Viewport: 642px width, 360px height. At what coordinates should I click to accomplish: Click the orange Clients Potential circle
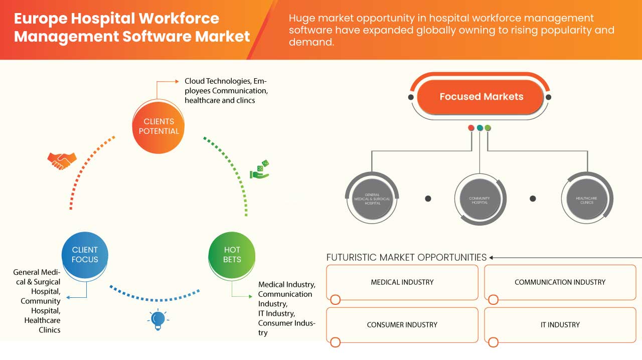pyautogui.click(x=158, y=126)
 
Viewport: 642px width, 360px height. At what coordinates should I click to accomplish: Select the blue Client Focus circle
pyautogui.click(x=85, y=254)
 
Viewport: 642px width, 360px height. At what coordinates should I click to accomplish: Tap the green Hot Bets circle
pyautogui.click(x=232, y=254)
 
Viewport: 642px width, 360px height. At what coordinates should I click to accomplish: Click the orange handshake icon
pyautogui.click(x=62, y=160)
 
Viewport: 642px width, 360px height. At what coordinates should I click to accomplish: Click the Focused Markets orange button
pyautogui.click(x=481, y=97)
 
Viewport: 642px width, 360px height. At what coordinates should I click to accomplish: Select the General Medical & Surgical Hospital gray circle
pyautogui.click(x=372, y=199)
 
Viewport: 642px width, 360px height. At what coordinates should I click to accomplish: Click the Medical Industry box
pyautogui.click(x=402, y=282)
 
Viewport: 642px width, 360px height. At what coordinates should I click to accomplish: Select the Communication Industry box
pyautogui.click(x=560, y=282)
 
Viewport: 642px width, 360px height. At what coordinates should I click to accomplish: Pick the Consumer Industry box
pyautogui.click(x=402, y=325)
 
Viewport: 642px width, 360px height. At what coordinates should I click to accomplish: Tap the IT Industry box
pyautogui.click(x=560, y=325)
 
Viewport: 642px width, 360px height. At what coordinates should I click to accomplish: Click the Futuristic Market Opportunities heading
pyautogui.click(x=406, y=257)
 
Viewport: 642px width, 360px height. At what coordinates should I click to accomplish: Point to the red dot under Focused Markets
pyautogui.click(x=471, y=128)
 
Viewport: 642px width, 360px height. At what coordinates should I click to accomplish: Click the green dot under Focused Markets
pyautogui.click(x=488, y=128)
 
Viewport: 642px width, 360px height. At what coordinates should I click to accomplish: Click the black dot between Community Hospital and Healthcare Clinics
pyautogui.click(x=533, y=199)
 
